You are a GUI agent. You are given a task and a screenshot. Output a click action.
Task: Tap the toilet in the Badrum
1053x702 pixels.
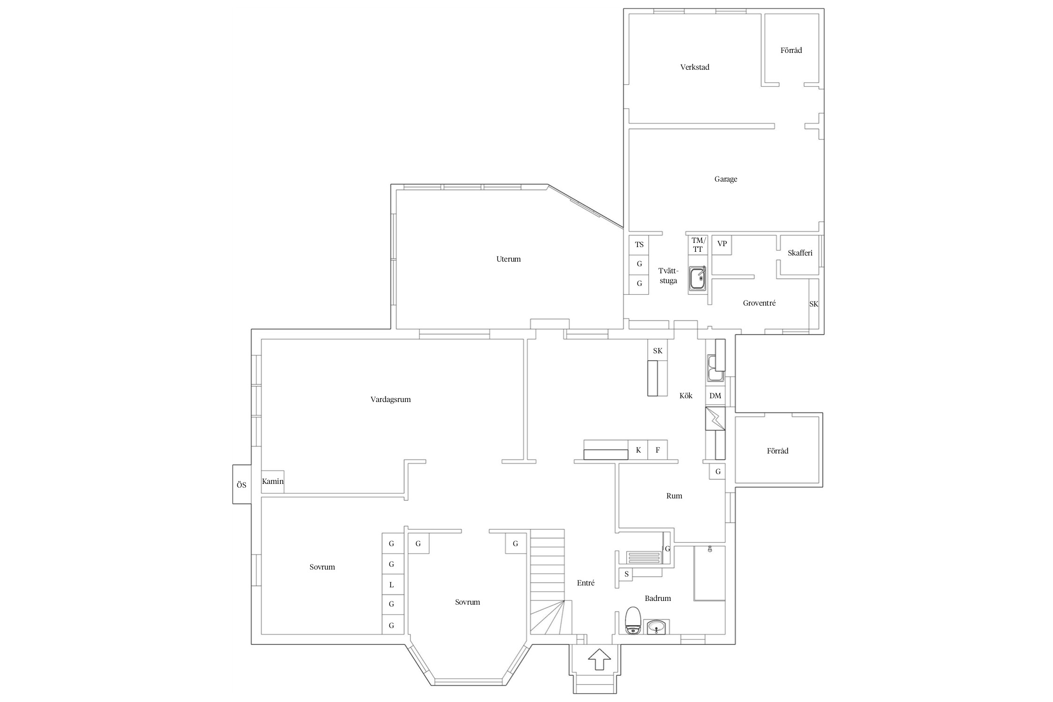(633, 621)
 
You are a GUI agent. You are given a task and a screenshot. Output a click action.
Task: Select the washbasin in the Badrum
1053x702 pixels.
(658, 627)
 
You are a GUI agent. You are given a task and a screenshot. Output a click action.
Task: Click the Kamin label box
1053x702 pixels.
(272, 482)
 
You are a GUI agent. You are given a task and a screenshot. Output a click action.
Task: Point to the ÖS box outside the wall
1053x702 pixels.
(241, 485)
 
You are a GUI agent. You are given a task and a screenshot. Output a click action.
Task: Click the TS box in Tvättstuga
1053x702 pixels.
(639, 244)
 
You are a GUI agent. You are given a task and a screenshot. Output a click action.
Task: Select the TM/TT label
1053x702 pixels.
(698, 245)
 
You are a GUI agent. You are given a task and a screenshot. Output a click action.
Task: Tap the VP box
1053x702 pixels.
(722, 244)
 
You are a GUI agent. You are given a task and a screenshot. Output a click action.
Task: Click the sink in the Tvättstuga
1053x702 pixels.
(698, 279)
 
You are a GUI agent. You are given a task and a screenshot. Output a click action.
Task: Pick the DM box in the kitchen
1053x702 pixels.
(715, 396)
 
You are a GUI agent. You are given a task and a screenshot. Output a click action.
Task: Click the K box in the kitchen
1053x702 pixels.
(638, 450)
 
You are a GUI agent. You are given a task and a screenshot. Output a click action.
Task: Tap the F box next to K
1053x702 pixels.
(658, 450)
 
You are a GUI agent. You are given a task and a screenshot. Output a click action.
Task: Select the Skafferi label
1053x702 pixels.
(800, 253)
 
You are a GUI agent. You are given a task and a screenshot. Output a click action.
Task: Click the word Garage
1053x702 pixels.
(725, 179)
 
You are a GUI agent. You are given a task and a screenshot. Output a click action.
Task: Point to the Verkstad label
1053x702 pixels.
(695, 67)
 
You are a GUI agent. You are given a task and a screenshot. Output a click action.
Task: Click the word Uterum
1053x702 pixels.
(508, 259)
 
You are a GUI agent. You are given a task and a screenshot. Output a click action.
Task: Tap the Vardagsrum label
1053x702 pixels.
(390, 400)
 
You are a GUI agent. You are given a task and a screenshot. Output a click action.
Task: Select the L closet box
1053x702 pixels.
(392, 585)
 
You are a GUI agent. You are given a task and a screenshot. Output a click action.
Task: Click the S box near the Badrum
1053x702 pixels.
(626, 574)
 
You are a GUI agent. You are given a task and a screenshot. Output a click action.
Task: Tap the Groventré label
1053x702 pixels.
(759, 303)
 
